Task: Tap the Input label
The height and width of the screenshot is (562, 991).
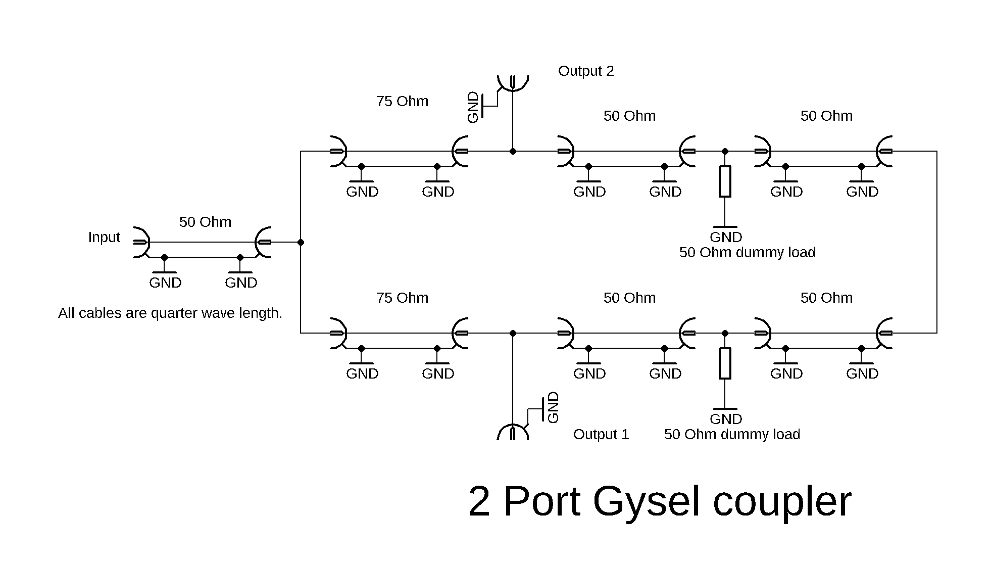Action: coord(104,237)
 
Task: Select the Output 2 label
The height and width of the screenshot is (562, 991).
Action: coord(586,71)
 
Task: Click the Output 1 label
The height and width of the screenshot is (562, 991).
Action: coord(601,434)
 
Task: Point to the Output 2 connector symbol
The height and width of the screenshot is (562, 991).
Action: coord(513,82)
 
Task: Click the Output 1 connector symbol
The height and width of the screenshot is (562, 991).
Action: coord(513,432)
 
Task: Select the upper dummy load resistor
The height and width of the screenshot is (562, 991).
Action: coord(725,181)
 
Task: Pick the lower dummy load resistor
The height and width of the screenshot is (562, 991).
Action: coord(725,363)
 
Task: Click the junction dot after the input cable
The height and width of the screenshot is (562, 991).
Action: coord(301,242)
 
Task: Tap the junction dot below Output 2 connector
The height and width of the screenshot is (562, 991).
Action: coord(513,151)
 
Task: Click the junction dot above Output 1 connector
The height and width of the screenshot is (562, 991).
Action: coord(513,333)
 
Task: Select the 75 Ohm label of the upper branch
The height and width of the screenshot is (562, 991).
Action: coord(402,101)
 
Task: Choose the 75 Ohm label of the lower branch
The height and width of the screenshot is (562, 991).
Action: coord(402,298)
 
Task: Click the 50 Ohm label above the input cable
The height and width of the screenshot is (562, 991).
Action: coord(205,222)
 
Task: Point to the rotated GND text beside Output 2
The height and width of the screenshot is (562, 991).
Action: coord(473,107)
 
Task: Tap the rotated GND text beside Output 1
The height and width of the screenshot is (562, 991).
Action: coord(554,407)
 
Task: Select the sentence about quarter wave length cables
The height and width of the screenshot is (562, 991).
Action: coord(170,313)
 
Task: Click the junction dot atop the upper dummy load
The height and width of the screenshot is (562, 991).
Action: coord(725,151)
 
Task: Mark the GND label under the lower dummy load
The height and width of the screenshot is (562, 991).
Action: coord(726,419)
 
